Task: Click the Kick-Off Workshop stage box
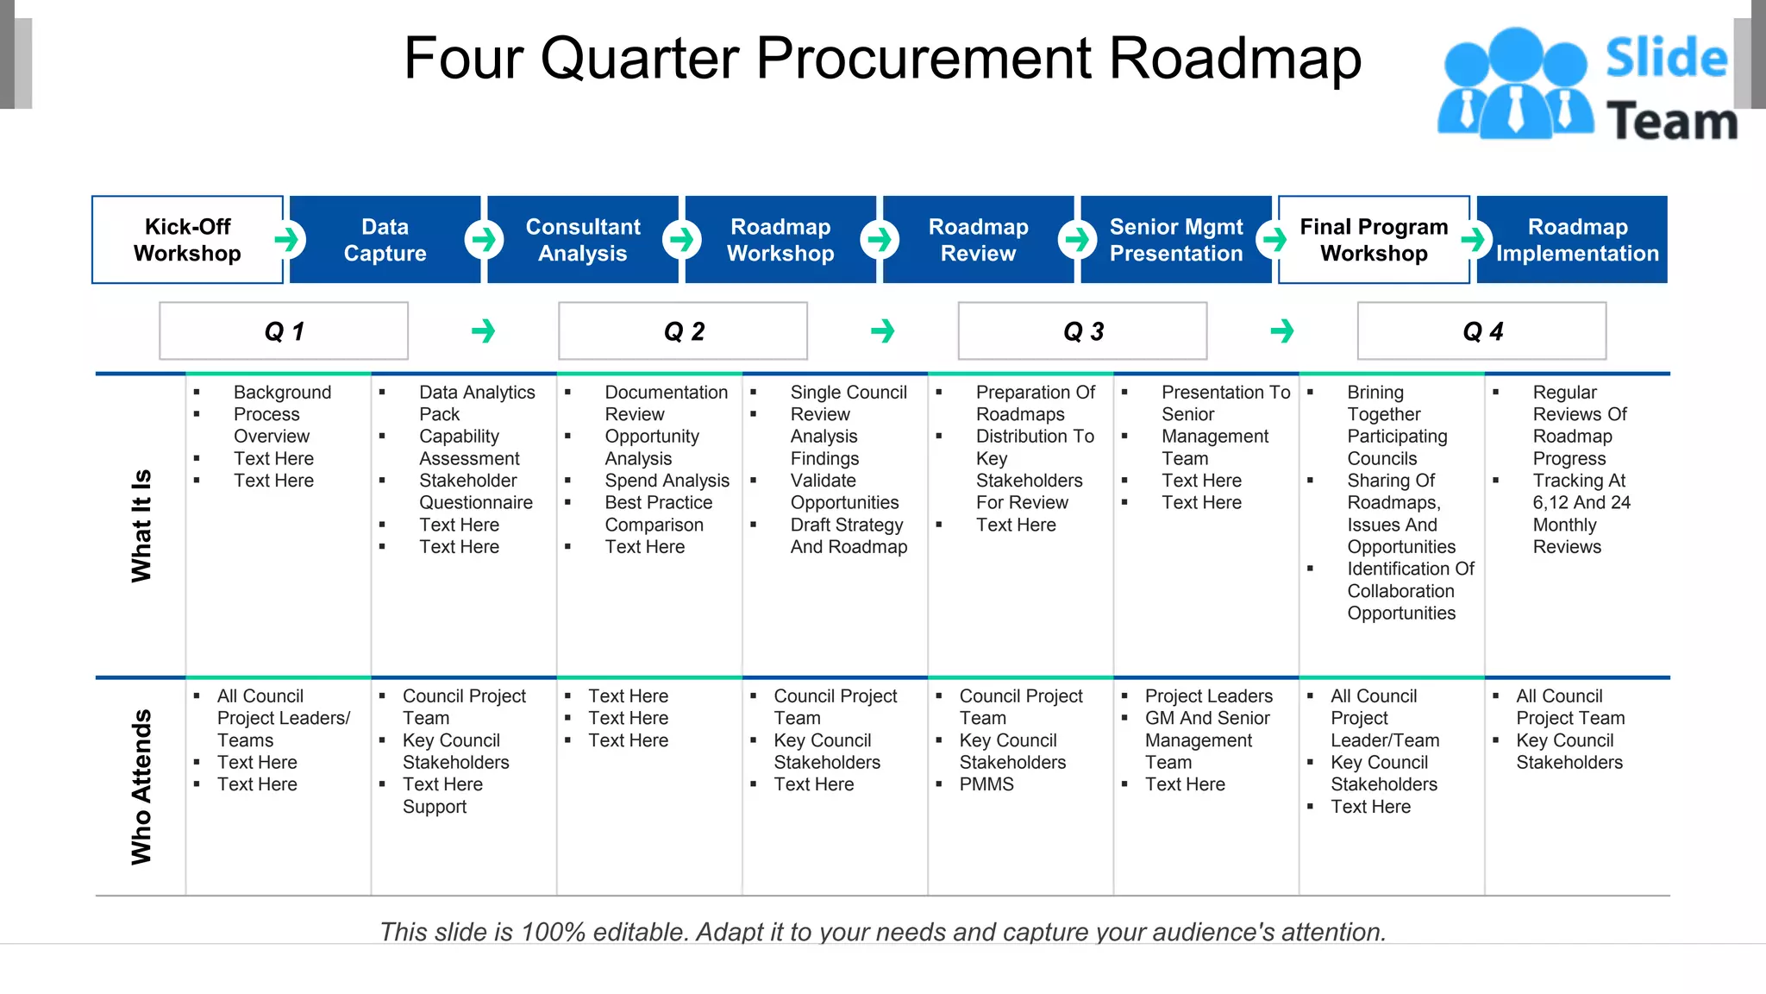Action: pos(187,240)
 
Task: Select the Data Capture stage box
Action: pos(385,240)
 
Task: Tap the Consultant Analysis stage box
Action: pos(583,240)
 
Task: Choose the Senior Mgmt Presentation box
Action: pos(1176,240)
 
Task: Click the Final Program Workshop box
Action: pos(1374,240)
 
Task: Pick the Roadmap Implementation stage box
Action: pos(1577,240)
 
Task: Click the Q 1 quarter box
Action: pos(284,331)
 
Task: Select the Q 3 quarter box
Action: pos(1083,331)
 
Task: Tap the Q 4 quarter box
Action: pos(1482,331)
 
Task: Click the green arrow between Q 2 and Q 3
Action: pos(883,331)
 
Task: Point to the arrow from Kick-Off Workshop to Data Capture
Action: pos(288,240)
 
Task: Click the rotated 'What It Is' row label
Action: pos(141,525)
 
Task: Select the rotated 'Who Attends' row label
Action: pos(141,787)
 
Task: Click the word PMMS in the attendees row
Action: pos(986,784)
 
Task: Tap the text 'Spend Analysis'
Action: pos(667,481)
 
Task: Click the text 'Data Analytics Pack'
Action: pos(476,403)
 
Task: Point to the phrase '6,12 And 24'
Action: pos(1581,503)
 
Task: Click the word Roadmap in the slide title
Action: pos(1234,59)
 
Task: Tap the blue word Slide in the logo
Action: pos(1666,59)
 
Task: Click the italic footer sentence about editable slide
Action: pos(883,932)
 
